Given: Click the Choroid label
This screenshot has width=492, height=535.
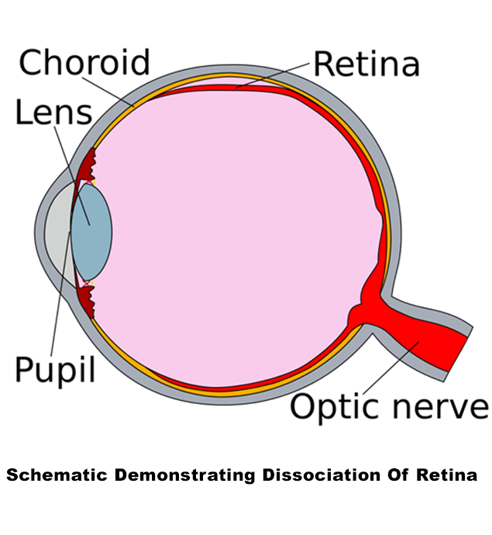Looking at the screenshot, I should pos(84,62).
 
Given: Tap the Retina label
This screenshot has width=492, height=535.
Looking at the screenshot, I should pos(366,63).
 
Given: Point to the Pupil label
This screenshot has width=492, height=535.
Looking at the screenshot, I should pos(55,369).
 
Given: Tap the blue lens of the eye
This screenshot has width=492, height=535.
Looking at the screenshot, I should pos(91,230).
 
